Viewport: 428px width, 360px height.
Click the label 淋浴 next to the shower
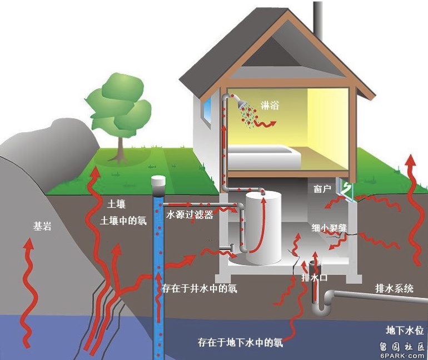coord(270,105)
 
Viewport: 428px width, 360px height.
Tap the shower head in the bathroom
coord(242,104)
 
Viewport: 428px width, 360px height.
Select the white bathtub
coord(264,157)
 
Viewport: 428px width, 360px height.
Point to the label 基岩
coord(42,226)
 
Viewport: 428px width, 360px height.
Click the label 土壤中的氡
coord(123,221)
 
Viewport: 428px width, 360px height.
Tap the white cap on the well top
coord(158,181)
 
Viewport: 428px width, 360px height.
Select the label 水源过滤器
coord(190,215)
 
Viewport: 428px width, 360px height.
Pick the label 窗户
coord(322,188)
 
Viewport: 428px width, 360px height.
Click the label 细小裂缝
coord(329,228)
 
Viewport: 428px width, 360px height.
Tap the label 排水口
coord(315,277)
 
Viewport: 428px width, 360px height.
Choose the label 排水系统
coord(394,288)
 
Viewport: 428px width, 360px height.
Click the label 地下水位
coord(405,330)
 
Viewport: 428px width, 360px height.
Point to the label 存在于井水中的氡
coord(199,288)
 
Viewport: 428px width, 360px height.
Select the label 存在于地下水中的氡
coord(240,342)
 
